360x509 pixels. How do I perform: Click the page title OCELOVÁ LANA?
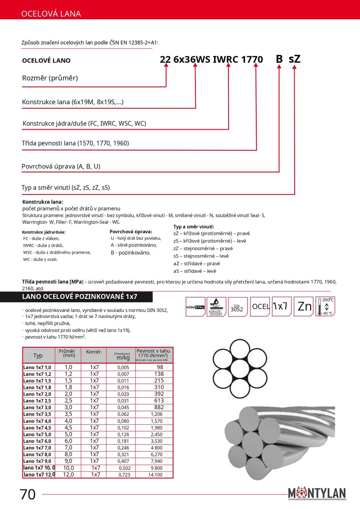(51, 14)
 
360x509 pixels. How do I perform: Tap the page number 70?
(28, 494)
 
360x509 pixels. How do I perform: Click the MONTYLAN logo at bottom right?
(317, 493)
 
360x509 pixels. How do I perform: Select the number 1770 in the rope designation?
(252, 60)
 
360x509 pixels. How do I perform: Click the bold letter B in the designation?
(279, 59)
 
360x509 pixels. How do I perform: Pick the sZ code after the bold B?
(294, 59)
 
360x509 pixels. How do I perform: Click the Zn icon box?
(304, 306)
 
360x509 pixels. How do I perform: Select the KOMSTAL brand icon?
(195, 307)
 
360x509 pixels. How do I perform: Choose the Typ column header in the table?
(38, 355)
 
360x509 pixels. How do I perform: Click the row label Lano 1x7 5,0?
(37, 434)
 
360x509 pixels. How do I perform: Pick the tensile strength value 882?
(159, 407)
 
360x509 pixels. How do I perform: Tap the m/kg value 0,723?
(124, 475)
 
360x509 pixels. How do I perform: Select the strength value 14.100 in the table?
(155, 475)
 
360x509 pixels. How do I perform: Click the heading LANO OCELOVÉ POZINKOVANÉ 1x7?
(79, 297)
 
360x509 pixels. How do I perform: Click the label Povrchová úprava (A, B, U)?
(61, 166)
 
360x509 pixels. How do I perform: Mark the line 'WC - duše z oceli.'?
(40, 260)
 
